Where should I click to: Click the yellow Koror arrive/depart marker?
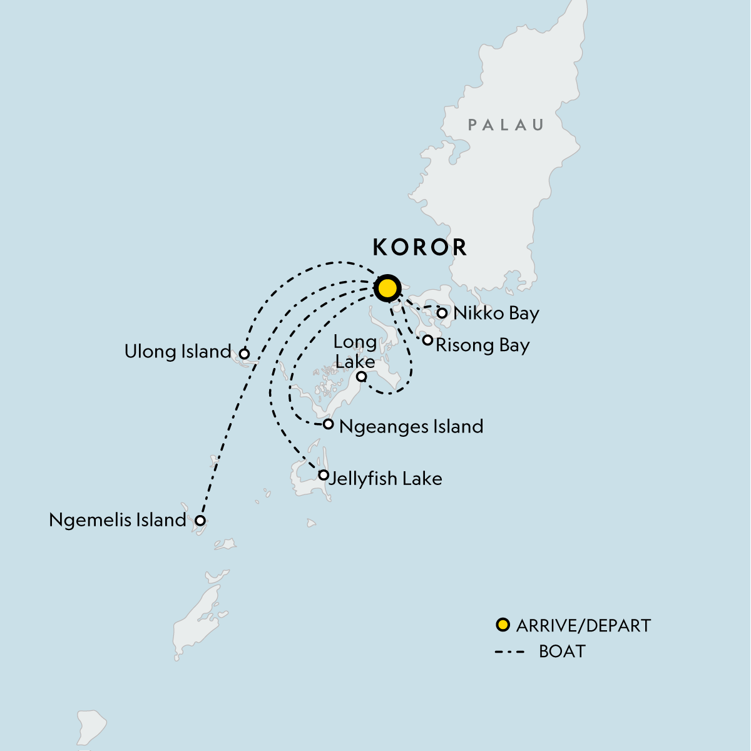(387, 289)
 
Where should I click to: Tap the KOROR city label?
(420, 247)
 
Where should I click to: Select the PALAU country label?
(506, 125)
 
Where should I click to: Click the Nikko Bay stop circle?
(442, 313)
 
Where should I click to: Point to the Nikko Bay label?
(496, 313)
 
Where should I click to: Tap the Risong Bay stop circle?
(427, 340)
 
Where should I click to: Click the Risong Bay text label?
(482, 345)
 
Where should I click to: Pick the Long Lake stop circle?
(361, 377)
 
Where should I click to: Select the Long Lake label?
(355, 351)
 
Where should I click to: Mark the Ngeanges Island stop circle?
(328, 424)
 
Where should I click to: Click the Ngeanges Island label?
(411, 427)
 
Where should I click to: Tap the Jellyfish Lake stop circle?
(323, 475)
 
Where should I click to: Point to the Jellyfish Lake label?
(386, 479)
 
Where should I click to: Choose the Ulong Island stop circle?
(245, 354)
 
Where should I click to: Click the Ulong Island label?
(178, 352)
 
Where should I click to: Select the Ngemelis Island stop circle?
(200, 520)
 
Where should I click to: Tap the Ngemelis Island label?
(118, 520)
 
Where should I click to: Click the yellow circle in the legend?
(503, 625)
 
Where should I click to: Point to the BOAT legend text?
(562, 651)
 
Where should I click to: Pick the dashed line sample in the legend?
(509, 652)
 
